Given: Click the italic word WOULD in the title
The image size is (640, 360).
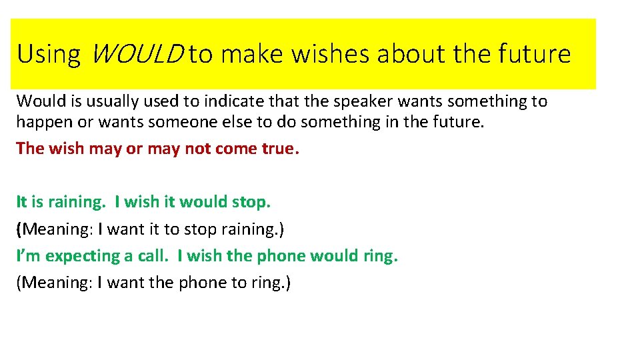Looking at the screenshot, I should [x=134, y=54].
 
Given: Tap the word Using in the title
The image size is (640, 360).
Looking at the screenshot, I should [x=49, y=54].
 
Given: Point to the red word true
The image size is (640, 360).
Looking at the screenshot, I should [x=280, y=148].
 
